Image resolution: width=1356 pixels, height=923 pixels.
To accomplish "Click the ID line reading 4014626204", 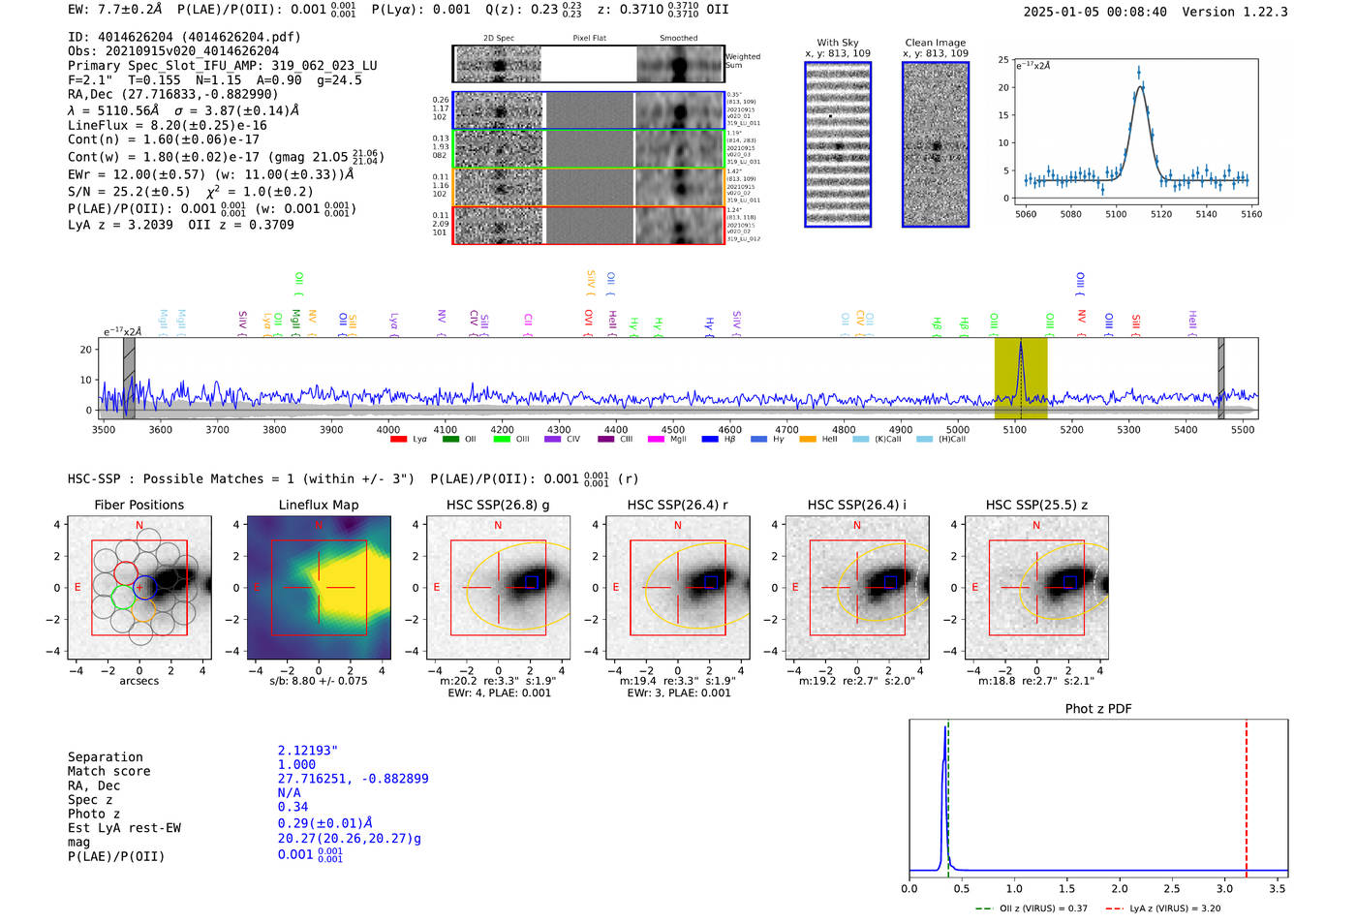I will click(184, 37).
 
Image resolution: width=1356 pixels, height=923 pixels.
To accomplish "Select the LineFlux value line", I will click(167, 125).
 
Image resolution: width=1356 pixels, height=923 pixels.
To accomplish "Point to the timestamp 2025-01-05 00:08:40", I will click(1094, 12).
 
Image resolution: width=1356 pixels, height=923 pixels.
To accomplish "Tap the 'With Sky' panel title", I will click(837, 43).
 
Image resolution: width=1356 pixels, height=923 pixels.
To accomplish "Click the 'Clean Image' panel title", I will click(935, 43).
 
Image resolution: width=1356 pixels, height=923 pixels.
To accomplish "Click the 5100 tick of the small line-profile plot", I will click(1116, 214).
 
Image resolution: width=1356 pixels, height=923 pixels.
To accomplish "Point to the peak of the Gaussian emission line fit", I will click(1140, 87).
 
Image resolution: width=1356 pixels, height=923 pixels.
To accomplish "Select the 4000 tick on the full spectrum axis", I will click(388, 429).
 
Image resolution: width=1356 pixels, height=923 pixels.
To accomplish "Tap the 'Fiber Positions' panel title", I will click(139, 505).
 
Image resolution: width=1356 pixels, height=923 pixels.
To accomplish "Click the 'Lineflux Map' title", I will click(318, 505).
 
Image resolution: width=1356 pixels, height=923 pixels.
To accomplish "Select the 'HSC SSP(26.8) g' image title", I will click(497, 505).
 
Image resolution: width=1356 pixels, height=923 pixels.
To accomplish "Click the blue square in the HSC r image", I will click(710, 581).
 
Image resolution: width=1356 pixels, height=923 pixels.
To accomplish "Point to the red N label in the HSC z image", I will click(1036, 525).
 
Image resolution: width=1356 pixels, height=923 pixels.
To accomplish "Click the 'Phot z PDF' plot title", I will click(1097, 708).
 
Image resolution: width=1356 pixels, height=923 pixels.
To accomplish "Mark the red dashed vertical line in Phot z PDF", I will click(1246, 794).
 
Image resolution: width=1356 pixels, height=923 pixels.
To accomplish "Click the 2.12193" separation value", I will click(307, 751).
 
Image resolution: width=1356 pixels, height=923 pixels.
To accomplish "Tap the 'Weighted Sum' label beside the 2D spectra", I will click(743, 60).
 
